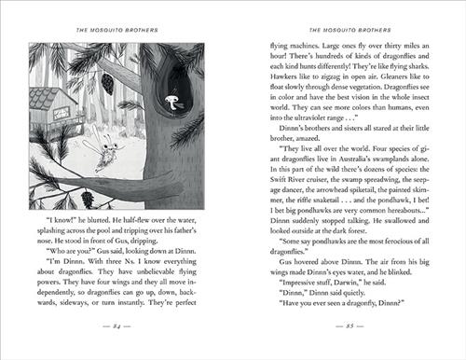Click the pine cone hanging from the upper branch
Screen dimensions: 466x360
coord(106,83)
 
